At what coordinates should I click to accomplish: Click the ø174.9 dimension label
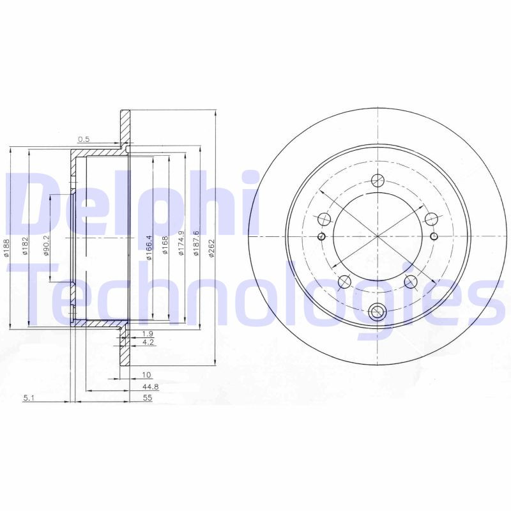coord(181,243)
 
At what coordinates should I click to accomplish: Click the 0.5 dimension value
coord(83,139)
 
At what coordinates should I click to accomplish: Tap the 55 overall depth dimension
coord(148,397)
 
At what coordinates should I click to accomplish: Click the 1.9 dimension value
coord(148,334)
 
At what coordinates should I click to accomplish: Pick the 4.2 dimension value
coord(148,343)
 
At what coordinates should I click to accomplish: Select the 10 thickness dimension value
coord(146,376)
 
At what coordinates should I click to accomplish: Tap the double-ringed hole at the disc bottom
coord(378,312)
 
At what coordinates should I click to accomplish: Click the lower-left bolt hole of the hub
coord(344,281)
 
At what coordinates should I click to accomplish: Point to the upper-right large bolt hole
coord(431,220)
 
